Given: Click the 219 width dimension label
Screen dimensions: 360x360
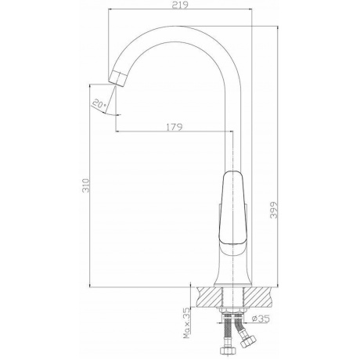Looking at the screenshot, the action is [180, 5].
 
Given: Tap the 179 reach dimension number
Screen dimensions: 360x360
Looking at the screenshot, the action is [175, 127].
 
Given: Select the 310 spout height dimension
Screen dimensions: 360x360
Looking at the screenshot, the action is [86, 185].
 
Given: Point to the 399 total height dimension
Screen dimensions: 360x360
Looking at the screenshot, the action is [274, 210].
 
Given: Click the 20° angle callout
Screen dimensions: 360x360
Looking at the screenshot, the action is [99, 103].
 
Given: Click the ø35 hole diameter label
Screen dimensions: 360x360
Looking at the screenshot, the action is [261, 319].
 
